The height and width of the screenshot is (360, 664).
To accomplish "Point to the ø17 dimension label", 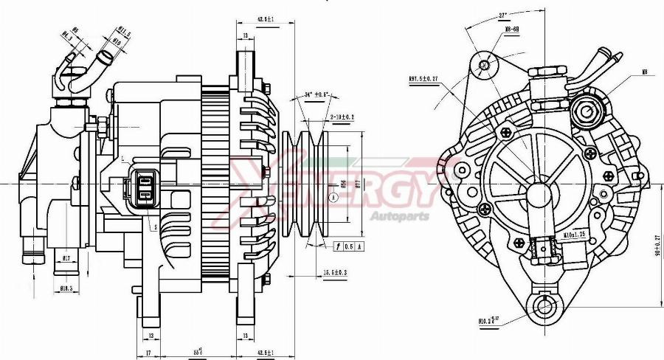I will pos(66,257).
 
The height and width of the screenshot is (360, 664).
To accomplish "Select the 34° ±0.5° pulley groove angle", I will pos(317,95).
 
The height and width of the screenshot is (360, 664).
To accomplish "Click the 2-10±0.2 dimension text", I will pos(342,117).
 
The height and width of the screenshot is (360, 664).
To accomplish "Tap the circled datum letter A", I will pos(334,198).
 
